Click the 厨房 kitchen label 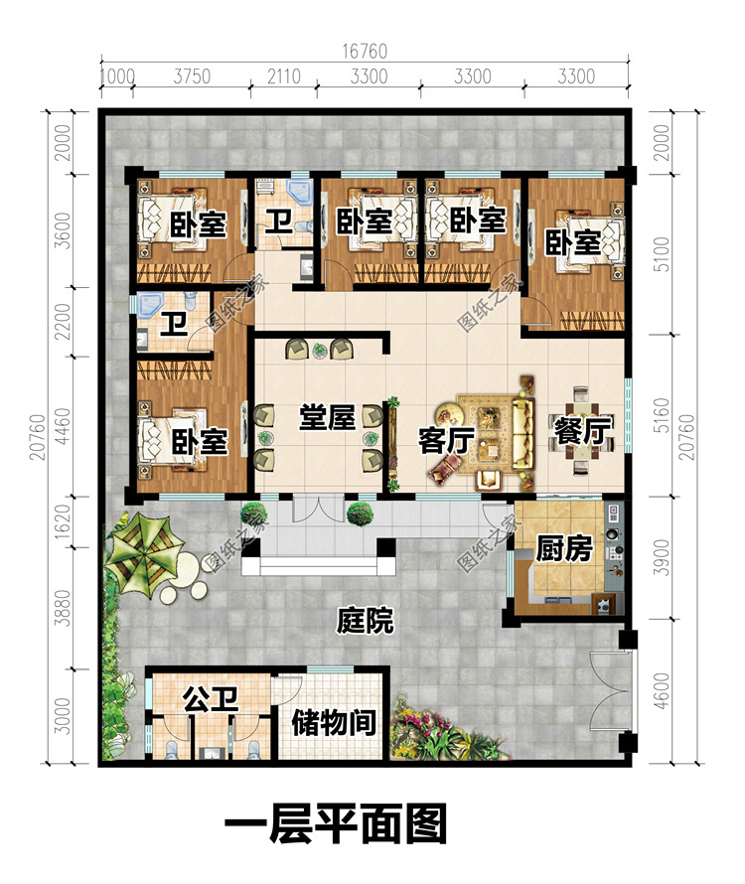click(x=564, y=548)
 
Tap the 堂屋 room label click(x=327, y=418)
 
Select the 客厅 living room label click(x=447, y=440)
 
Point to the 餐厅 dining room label click(x=582, y=431)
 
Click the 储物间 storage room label click(x=334, y=722)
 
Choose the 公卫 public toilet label click(x=211, y=699)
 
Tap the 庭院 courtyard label click(x=365, y=621)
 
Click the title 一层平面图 click(x=336, y=823)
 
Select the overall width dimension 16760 click(x=365, y=52)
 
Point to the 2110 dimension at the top click(x=284, y=76)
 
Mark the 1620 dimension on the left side click(x=63, y=520)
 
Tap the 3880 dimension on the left click(x=63, y=608)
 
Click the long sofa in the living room click(x=522, y=433)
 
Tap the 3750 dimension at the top click(x=192, y=76)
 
